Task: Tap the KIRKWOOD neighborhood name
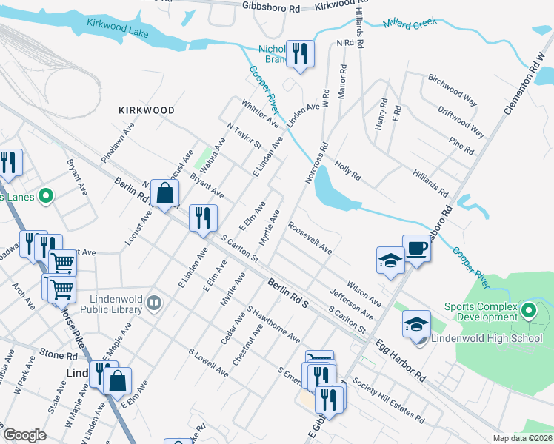coord(147,110)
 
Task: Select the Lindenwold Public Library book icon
coord(154,302)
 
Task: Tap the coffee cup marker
coord(416,247)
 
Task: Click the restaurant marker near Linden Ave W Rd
coord(300,53)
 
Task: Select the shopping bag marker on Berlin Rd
coord(165,194)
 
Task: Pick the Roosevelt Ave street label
coord(310,238)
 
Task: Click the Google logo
coord(25,435)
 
